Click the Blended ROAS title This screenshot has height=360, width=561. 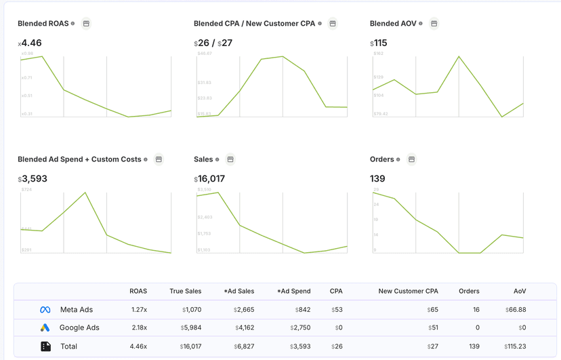[x=43, y=24]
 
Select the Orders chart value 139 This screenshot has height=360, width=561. [x=377, y=179]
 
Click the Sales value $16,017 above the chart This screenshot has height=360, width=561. [x=209, y=179]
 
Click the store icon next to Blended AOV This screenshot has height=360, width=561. [x=434, y=24]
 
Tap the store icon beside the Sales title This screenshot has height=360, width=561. [x=230, y=159]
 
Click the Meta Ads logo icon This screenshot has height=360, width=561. [x=45, y=310]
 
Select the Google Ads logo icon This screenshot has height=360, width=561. [x=45, y=328]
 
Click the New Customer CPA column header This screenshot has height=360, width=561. [x=408, y=292]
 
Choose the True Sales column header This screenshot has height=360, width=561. [x=185, y=292]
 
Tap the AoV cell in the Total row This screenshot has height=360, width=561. [x=516, y=346]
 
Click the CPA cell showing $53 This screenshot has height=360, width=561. [x=336, y=310]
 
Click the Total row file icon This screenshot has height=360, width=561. [x=45, y=346]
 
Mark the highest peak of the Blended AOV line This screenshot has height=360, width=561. [x=459, y=56]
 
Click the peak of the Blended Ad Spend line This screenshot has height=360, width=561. [x=85, y=193]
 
